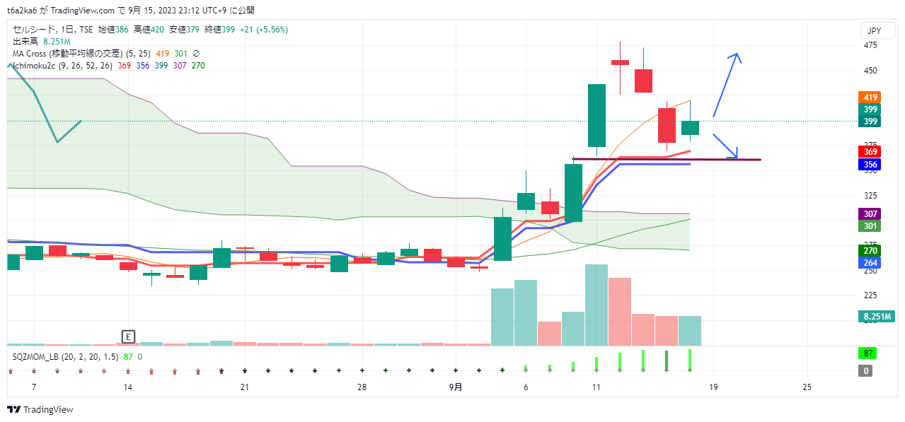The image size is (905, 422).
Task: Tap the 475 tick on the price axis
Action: (x=870, y=45)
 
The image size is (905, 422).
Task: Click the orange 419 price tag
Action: (x=870, y=98)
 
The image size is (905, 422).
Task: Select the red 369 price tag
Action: (x=870, y=152)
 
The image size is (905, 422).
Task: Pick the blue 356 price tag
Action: (x=870, y=165)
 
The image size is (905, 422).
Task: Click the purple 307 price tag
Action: (x=870, y=214)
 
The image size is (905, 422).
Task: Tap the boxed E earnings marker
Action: (x=128, y=336)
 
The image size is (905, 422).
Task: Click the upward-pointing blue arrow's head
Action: (x=737, y=56)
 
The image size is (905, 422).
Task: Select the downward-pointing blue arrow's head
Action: (x=736, y=155)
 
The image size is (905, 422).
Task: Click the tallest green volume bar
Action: (x=596, y=305)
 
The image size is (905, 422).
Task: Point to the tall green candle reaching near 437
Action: (x=596, y=115)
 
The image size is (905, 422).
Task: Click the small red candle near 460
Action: (x=620, y=62)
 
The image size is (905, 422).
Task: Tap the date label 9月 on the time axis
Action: (x=456, y=387)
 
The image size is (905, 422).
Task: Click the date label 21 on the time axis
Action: (x=244, y=387)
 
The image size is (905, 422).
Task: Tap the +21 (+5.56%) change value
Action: (x=264, y=30)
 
